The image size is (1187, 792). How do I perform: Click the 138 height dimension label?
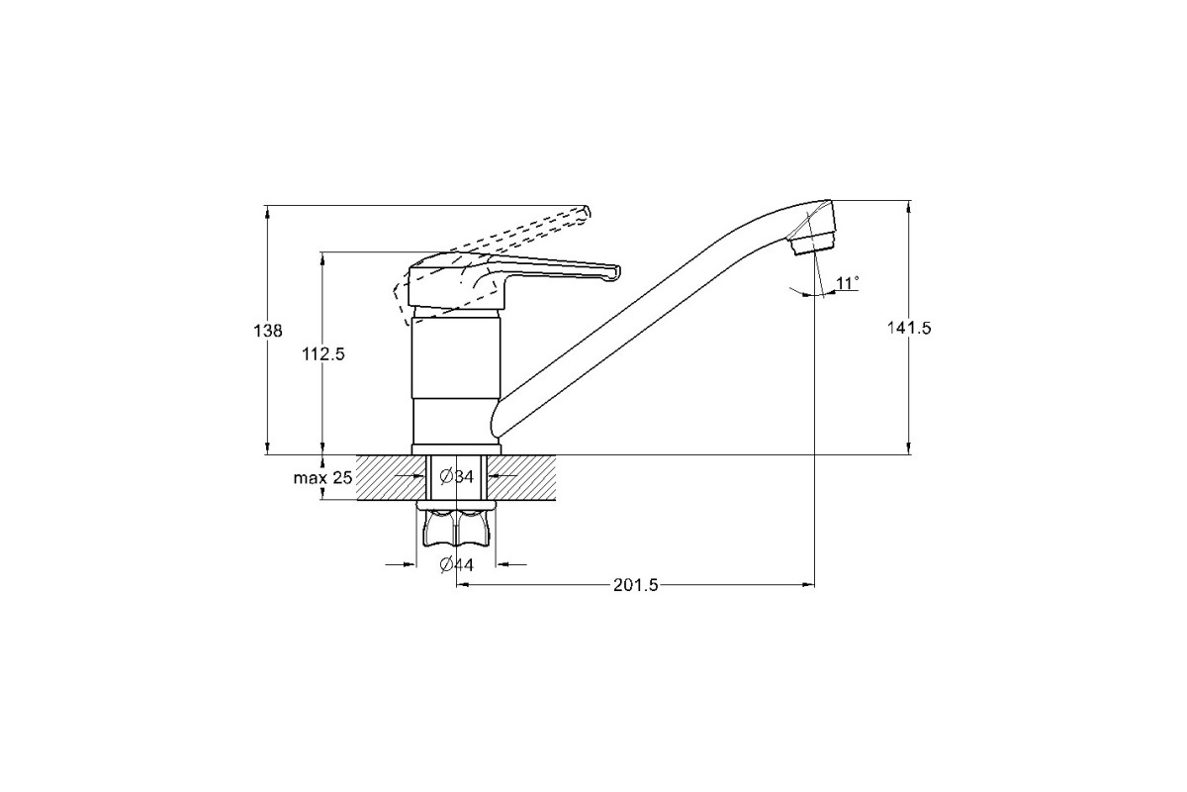tap(268, 331)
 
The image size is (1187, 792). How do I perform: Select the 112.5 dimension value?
tap(323, 353)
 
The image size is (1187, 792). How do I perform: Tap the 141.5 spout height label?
tap(909, 328)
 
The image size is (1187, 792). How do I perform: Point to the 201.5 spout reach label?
tap(635, 585)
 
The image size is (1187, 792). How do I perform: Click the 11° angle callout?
tap(848, 283)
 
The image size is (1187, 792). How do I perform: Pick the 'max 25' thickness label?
tap(322, 478)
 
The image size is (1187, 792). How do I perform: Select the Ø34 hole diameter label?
tap(456, 477)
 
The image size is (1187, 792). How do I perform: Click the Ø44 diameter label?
tap(456, 565)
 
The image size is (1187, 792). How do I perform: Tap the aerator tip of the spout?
tap(813, 247)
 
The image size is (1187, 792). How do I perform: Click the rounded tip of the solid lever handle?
tap(615, 272)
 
